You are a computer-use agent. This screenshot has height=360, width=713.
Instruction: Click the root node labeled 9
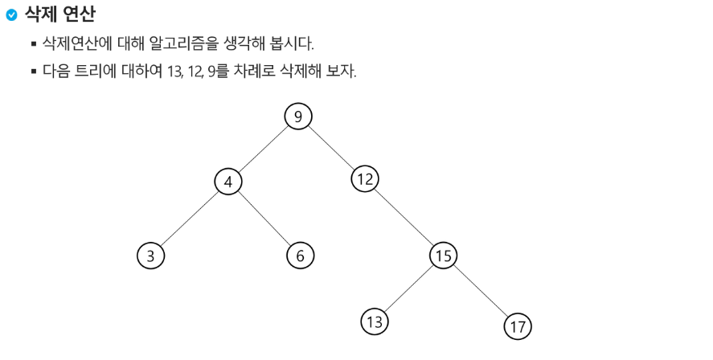tap(298, 117)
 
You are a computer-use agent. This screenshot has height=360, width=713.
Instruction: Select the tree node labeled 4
tap(228, 182)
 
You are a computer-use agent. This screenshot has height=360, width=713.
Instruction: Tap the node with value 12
tap(365, 179)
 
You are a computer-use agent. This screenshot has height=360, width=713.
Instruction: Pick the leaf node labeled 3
tap(150, 256)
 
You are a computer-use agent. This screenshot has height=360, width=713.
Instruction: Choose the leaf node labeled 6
tap(300, 256)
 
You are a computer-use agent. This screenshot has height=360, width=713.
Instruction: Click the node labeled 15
tap(442, 256)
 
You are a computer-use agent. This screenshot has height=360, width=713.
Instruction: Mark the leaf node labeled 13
tap(374, 321)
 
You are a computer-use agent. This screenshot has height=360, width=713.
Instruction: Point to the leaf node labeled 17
tap(518, 326)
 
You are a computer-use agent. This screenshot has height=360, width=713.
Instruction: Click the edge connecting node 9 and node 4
tap(263, 149)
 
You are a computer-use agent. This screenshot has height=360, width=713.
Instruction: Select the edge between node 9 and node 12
tap(331, 148)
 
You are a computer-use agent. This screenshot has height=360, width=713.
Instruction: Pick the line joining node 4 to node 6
tap(264, 219)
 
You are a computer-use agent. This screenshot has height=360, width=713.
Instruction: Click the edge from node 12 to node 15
tap(404, 217)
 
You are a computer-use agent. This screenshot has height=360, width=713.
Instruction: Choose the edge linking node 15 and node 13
tap(408, 288)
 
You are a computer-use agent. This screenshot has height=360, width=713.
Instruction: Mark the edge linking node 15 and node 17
tap(480, 291)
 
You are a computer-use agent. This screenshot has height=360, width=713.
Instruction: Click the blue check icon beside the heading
tap(10, 14)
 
